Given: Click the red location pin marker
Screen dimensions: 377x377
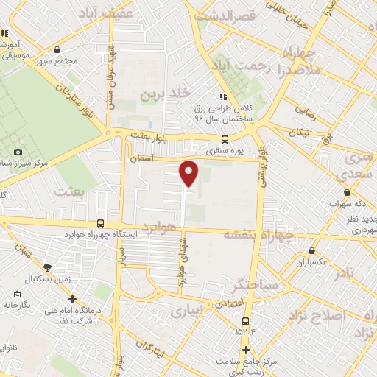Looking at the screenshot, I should [x=189, y=172].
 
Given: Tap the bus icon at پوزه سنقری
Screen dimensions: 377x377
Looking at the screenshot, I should [x=225, y=139].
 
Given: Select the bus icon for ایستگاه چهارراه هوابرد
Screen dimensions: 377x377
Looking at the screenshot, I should [x=101, y=224].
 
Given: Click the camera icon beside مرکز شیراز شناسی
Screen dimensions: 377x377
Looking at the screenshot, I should [x=19, y=152].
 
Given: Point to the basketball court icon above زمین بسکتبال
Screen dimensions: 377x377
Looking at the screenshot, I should [x=48, y=268].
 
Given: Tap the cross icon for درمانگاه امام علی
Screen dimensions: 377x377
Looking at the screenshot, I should [x=72, y=299].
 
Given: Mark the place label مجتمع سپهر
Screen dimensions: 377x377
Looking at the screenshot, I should [x=60, y=60].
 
